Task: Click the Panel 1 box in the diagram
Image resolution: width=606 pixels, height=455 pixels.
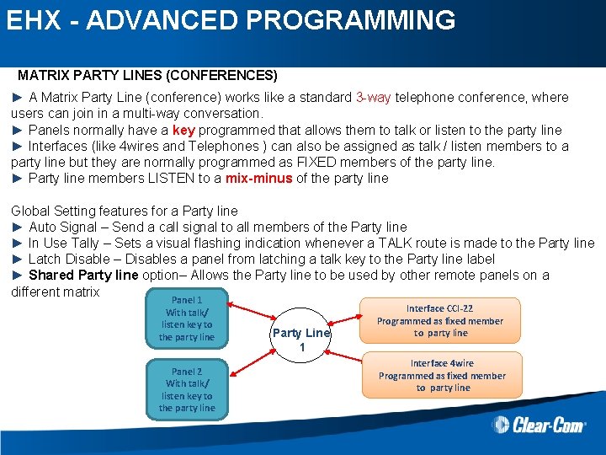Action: [x=186, y=318]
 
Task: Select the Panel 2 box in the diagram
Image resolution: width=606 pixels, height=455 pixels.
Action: [x=186, y=389]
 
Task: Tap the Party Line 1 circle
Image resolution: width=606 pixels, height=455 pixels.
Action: [x=301, y=340]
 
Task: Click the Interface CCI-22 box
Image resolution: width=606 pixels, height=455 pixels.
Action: [x=440, y=321]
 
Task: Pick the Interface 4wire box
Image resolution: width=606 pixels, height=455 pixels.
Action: [x=442, y=376]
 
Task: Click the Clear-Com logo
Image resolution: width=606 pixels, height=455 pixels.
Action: [x=539, y=426]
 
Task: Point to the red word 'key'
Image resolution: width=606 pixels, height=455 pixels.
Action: [x=183, y=130]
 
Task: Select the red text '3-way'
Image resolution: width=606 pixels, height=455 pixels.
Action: [x=373, y=97]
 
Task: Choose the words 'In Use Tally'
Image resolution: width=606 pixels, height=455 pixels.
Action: [x=69, y=243]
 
